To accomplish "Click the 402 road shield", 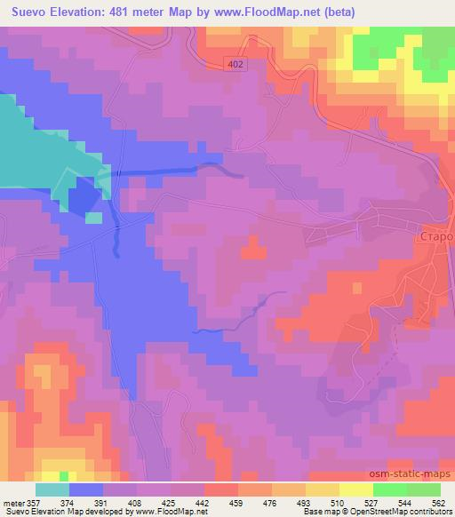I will point(235,65).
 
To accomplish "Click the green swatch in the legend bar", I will point(406,489).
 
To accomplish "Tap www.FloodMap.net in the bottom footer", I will point(169,512).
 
